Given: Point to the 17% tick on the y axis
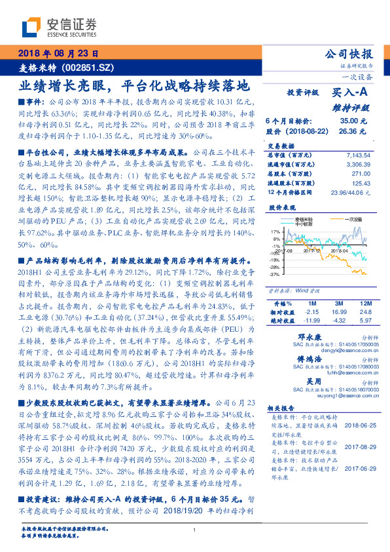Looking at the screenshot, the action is (x=274, y=231).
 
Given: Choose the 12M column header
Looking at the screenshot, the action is (x=365, y=304).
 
